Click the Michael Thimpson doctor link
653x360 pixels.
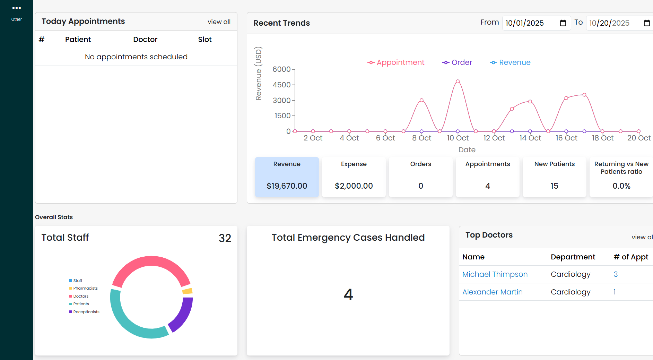(x=495, y=274)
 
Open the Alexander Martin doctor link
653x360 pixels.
(x=492, y=292)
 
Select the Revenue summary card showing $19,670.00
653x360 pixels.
(x=287, y=177)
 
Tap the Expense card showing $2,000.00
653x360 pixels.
(x=354, y=177)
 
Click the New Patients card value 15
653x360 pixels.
(x=554, y=186)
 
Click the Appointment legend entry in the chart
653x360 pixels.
(x=396, y=62)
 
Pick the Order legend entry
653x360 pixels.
(x=457, y=62)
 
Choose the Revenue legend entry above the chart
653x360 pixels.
(x=510, y=62)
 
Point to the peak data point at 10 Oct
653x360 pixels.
(x=458, y=82)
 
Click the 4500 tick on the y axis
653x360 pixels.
(x=281, y=85)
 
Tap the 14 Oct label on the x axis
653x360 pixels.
(x=530, y=138)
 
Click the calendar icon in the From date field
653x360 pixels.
(x=563, y=23)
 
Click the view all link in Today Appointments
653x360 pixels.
(x=219, y=22)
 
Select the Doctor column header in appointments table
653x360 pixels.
(x=145, y=40)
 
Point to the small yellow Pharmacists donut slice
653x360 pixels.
(x=188, y=291)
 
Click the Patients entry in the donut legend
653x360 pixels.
(x=81, y=304)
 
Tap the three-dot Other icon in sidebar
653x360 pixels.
(x=16, y=8)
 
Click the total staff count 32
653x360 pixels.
(x=225, y=238)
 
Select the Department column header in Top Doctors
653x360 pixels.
(x=573, y=257)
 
